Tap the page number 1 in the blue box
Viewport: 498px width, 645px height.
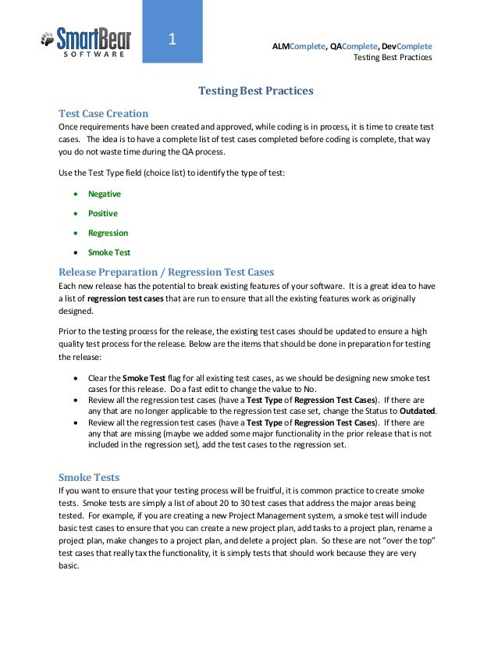click(173, 39)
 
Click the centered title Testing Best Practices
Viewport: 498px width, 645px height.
click(256, 91)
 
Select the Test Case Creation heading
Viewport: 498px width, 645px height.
click(104, 113)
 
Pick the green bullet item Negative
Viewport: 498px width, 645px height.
click(105, 194)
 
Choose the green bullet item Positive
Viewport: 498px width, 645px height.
click(103, 213)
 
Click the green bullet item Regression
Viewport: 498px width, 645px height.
click(108, 233)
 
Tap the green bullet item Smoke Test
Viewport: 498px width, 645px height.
click(109, 252)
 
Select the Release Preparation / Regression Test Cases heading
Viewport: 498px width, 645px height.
click(167, 273)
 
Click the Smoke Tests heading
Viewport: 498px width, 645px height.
click(89, 477)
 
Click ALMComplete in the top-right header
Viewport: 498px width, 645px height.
click(297, 46)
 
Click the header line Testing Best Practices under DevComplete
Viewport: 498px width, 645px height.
click(392, 58)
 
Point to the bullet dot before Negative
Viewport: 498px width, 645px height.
click(75, 194)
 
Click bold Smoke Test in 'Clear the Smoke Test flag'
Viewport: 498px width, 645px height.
click(137, 378)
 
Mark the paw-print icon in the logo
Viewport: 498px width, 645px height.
click(48, 37)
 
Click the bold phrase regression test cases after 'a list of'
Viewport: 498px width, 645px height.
click(124, 299)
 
